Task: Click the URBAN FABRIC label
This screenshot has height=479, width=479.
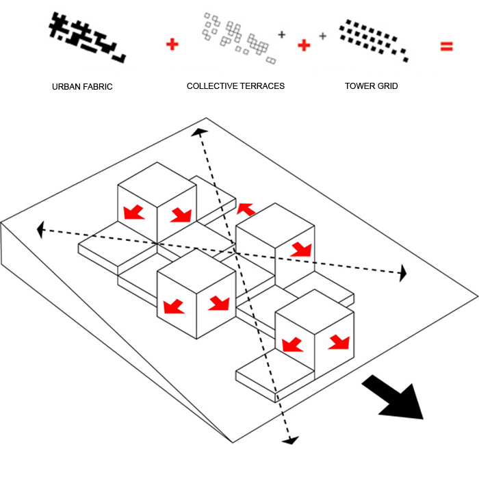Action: [82, 87]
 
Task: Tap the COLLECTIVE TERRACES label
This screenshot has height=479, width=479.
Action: [235, 87]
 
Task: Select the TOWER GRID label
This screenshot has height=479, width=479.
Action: [372, 87]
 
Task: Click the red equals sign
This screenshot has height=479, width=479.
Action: [446, 46]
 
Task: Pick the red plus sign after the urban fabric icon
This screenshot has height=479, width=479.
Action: [172, 44]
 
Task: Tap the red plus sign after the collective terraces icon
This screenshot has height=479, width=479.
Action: [304, 44]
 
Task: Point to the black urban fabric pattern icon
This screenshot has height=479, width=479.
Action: [88, 38]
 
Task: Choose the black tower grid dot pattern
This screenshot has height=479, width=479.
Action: [373, 39]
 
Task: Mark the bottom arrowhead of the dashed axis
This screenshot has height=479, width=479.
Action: [291, 439]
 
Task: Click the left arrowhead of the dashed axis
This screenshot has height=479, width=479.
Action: [42, 229]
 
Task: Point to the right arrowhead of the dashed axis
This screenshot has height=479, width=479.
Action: [402, 274]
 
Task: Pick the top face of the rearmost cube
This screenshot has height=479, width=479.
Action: [157, 183]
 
